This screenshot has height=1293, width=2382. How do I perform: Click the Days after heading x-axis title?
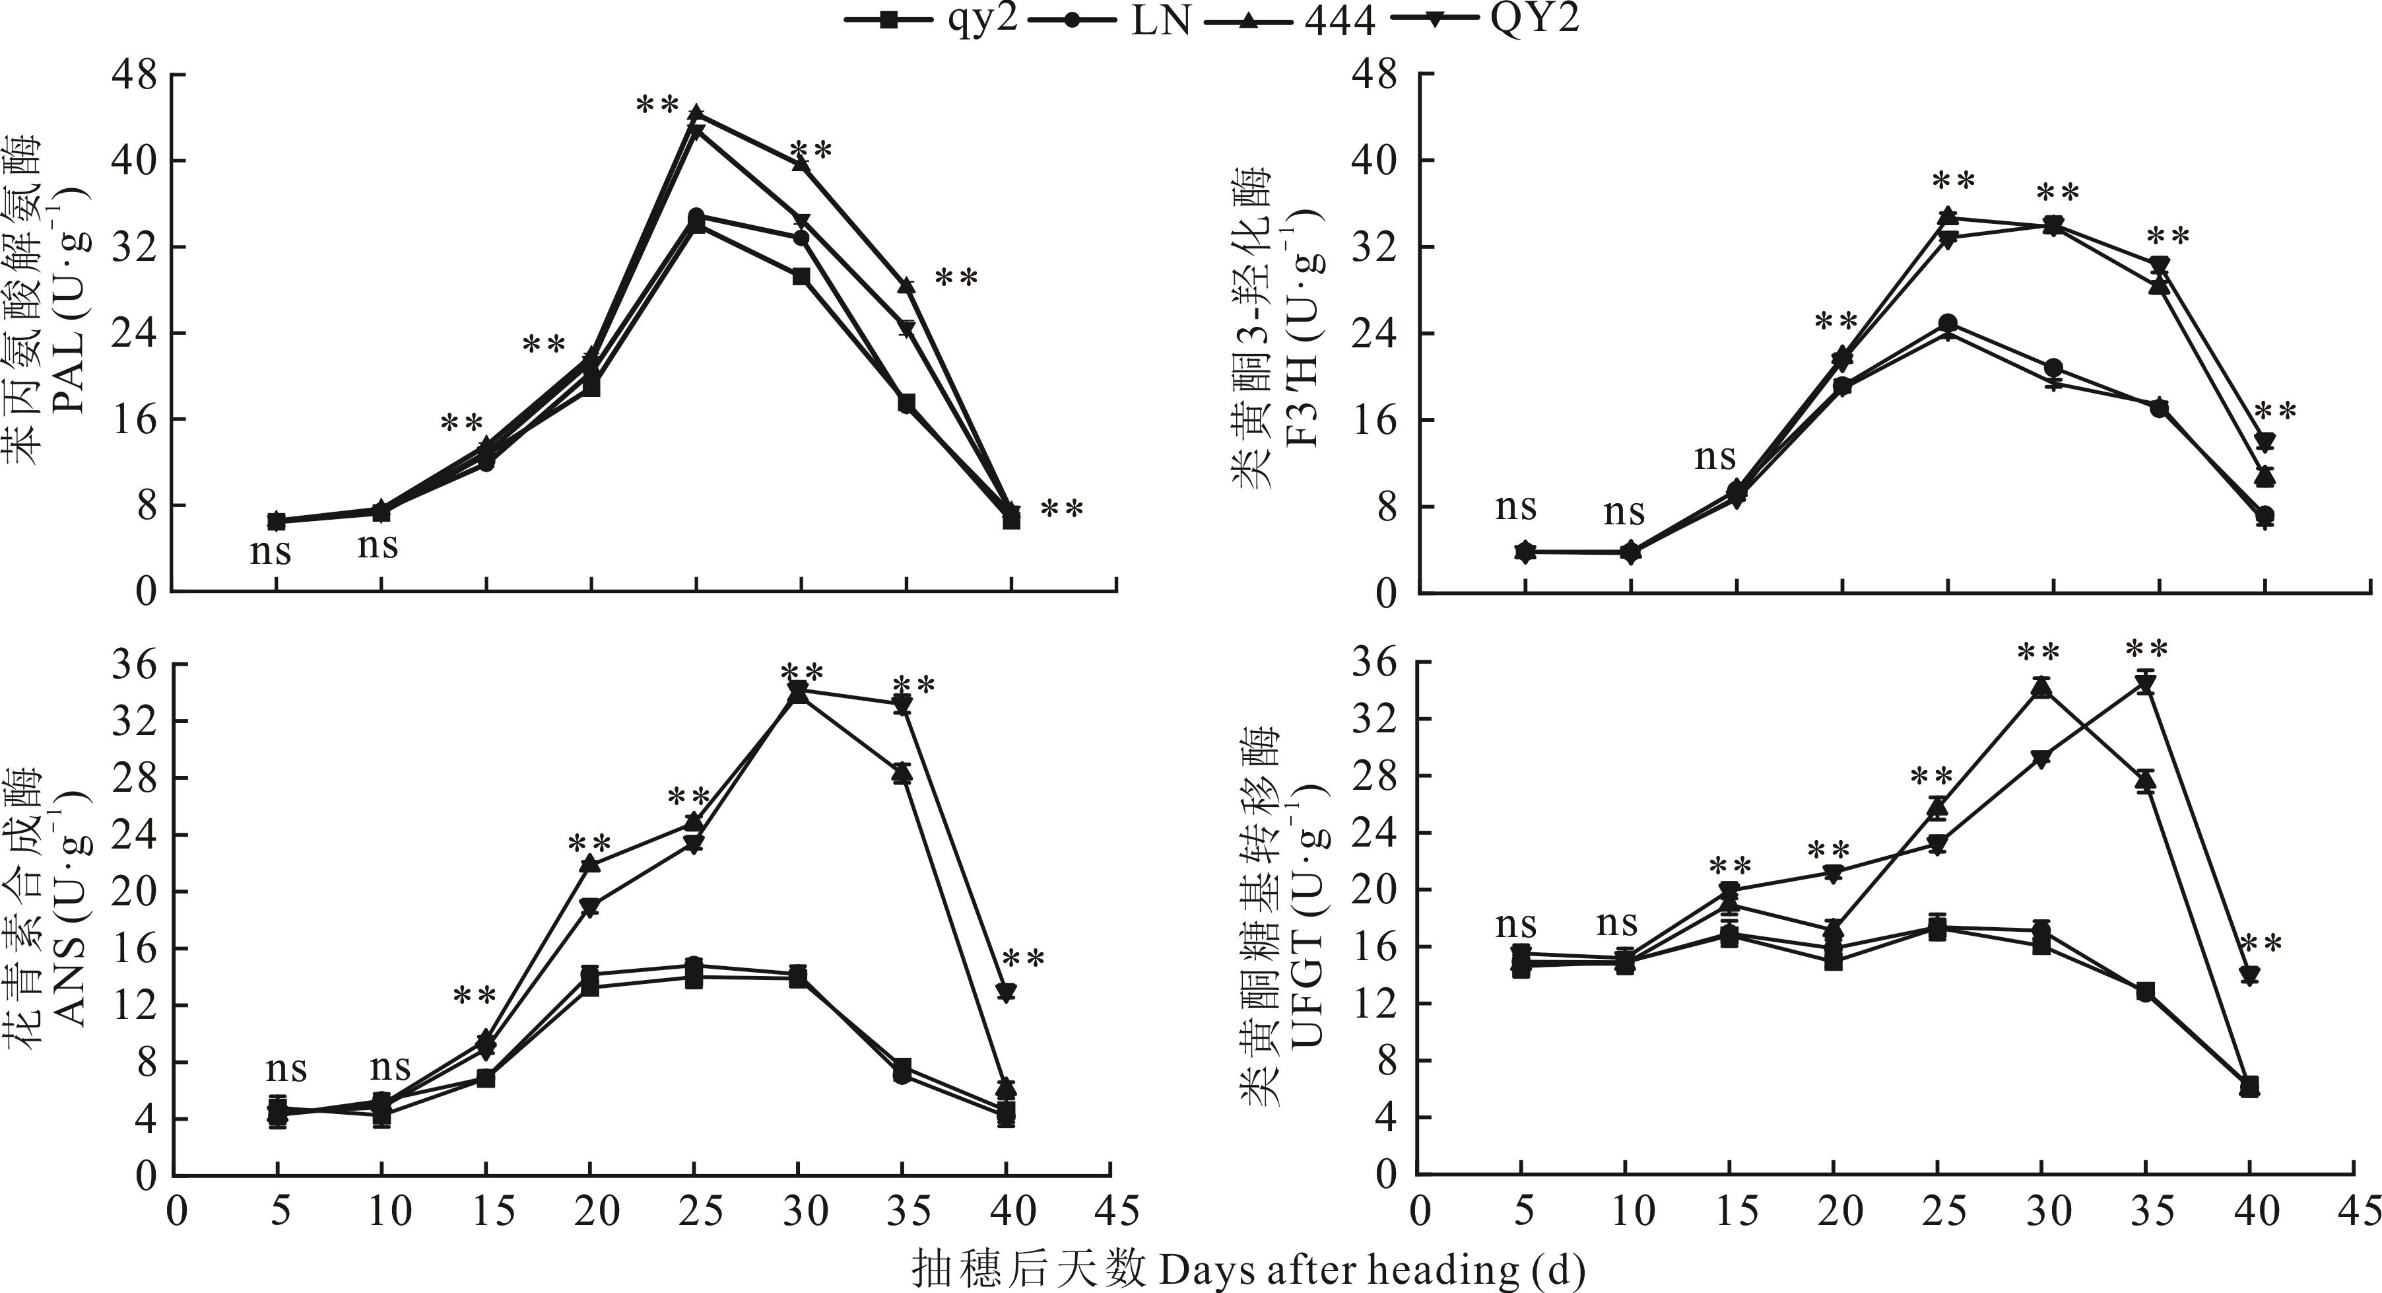click(x=1248, y=1269)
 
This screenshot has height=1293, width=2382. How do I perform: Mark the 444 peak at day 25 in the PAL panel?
click(x=696, y=113)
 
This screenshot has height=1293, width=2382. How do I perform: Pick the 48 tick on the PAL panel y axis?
click(x=133, y=75)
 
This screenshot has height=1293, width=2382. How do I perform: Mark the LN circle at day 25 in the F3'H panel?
click(x=1948, y=324)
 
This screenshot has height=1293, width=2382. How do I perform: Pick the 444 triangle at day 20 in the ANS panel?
click(x=591, y=864)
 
